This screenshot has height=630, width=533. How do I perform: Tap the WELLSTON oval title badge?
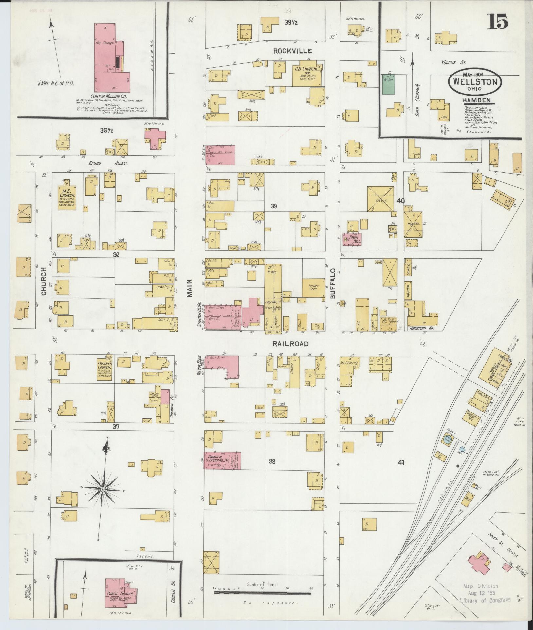(x=475, y=82)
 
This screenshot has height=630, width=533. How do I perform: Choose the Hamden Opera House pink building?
(x=223, y=461)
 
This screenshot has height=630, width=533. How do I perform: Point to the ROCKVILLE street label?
(x=292, y=51)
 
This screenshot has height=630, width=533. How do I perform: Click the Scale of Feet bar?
(x=263, y=593)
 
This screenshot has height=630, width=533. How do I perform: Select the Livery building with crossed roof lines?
(x=380, y=199)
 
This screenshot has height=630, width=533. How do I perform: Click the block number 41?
(x=401, y=462)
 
